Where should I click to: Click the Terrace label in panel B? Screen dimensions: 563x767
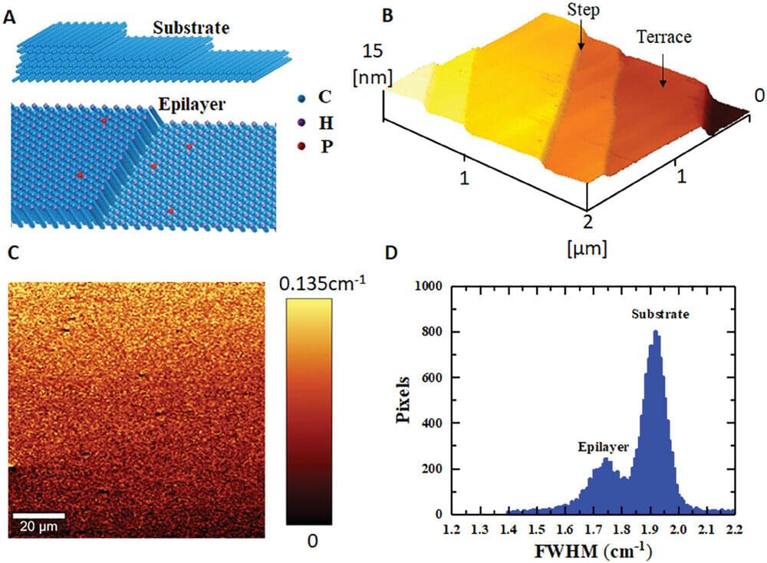click(663, 35)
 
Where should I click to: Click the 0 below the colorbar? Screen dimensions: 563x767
click(311, 542)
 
